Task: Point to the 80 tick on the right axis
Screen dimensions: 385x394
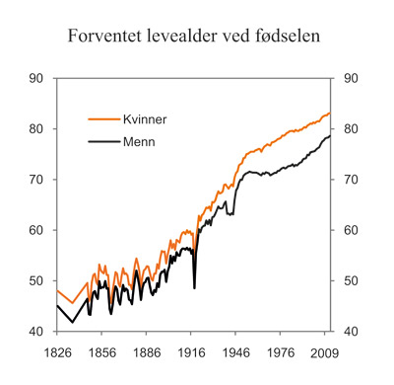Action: [x=352, y=129]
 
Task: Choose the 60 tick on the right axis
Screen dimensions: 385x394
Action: [x=352, y=230]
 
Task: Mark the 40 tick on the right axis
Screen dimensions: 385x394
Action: [x=352, y=332]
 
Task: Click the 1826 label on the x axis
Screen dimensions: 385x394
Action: [x=56, y=351]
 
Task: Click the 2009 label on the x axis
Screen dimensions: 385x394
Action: [x=324, y=351]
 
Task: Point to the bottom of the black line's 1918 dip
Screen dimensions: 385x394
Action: [x=194, y=287]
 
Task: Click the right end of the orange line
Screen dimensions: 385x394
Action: [x=330, y=114]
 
